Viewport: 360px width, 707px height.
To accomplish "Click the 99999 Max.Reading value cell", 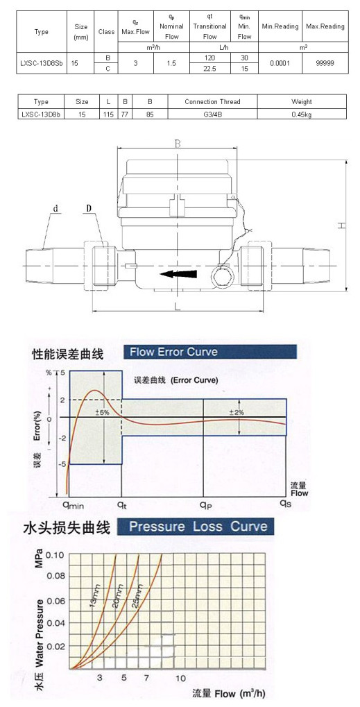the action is pyautogui.click(x=325, y=64).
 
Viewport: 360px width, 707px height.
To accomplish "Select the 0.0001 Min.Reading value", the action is pyautogui.click(x=280, y=64).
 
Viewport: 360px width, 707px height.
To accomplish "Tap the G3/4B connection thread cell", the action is pyautogui.click(x=212, y=114).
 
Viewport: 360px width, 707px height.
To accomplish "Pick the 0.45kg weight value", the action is pyautogui.click(x=302, y=114).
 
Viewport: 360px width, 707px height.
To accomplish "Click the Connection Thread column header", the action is pyautogui.click(x=212, y=102).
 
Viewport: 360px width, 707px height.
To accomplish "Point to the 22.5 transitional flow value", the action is pyautogui.click(x=209, y=69).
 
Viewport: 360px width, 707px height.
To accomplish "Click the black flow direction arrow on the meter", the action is pyautogui.click(x=178, y=274).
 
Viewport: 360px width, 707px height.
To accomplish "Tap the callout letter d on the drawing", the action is pyautogui.click(x=56, y=208).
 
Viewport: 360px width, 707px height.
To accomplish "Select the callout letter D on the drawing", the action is pyautogui.click(x=89, y=208).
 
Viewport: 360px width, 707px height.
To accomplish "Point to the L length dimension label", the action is pyautogui.click(x=178, y=307).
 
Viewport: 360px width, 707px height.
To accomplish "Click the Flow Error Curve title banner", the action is pyautogui.click(x=210, y=352).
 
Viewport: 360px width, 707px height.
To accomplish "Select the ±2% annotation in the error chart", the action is pyautogui.click(x=239, y=412).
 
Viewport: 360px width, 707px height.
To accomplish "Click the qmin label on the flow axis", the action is pyautogui.click(x=73, y=504).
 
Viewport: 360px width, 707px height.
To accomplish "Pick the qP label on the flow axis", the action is pyautogui.click(x=206, y=504).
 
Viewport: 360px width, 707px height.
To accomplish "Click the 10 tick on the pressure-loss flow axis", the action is pyautogui.click(x=180, y=678).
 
